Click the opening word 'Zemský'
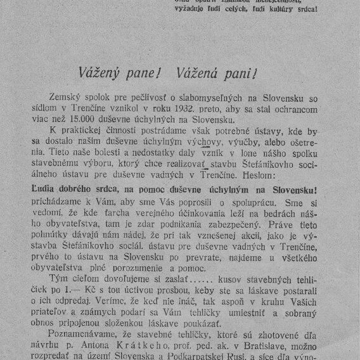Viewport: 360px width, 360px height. [65, 94]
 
